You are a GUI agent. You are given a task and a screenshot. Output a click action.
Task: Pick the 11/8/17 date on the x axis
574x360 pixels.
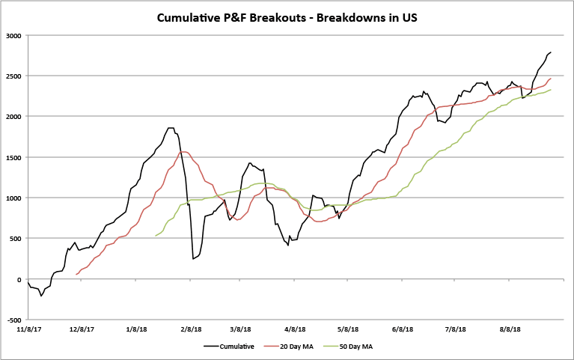tap(28, 329)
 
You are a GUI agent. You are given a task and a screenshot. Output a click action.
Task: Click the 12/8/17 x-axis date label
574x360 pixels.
tap(82, 329)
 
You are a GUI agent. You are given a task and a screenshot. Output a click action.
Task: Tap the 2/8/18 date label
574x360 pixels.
tap(191, 329)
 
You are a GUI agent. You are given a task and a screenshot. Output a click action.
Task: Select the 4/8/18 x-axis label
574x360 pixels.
tap(295, 329)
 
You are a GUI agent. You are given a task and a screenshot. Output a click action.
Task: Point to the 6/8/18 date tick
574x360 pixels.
tap(403, 329)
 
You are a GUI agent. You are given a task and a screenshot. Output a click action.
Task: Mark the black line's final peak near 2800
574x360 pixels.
tap(551, 52)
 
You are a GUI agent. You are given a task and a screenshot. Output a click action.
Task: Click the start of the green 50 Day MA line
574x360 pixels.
tap(156, 236)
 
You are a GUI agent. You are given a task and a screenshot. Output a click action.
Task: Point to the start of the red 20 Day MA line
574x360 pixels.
tap(76, 274)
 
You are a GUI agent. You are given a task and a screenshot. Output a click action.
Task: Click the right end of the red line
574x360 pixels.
tap(551, 79)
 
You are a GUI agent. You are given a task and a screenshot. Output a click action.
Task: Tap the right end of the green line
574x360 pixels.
tap(551, 90)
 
